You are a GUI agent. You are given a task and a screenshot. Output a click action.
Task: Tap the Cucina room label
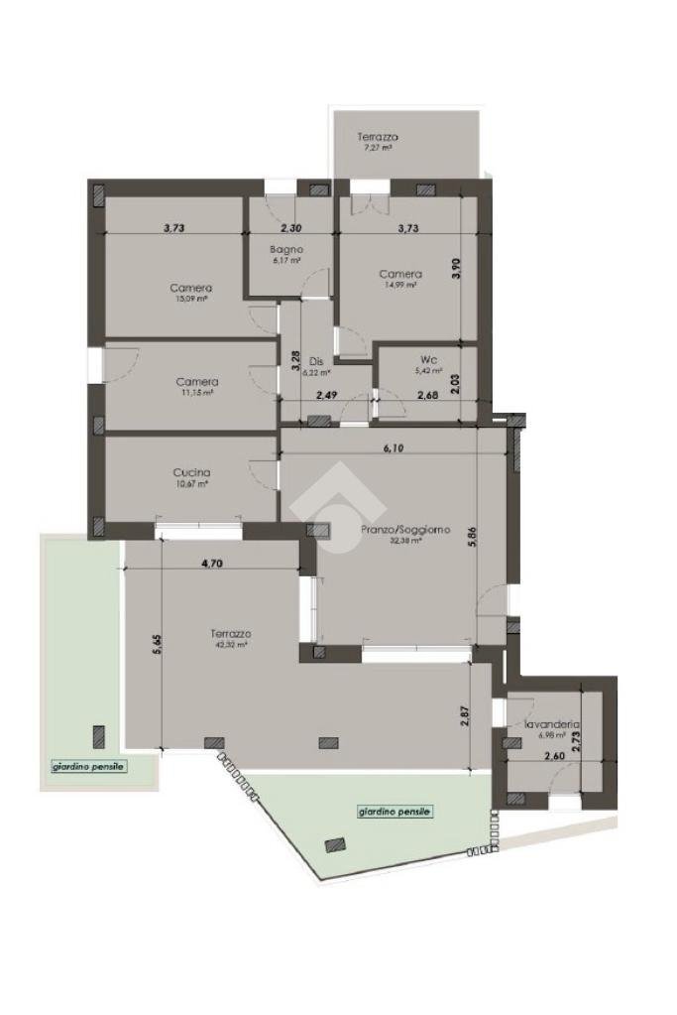coord(191,473)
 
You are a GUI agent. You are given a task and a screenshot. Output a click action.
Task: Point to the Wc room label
coord(427,359)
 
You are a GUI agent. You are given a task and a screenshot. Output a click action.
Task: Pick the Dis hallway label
coord(316,360)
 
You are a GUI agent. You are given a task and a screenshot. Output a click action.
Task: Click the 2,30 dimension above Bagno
coord(288,227)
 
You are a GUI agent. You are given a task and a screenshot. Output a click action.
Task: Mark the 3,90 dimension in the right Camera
coord(457,270)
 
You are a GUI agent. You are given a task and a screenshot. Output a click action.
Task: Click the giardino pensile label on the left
coord(89,766)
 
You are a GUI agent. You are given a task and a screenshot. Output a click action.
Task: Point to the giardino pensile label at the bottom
coord(395,811)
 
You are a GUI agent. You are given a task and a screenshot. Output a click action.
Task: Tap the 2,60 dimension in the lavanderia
coord(555,757)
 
